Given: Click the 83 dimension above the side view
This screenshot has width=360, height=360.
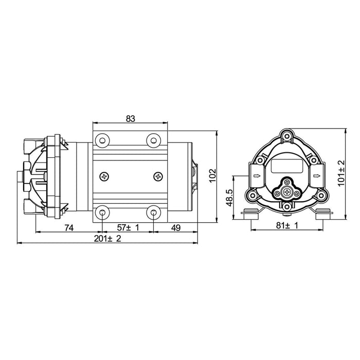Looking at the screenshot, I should (130, 118).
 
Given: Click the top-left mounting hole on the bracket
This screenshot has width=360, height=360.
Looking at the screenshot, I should (103, 139).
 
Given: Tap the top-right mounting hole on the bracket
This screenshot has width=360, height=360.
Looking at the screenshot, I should (153, 139).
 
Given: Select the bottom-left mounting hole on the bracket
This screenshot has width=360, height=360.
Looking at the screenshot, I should (103, 212).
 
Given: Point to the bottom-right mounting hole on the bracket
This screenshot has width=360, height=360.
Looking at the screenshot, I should (153, 212).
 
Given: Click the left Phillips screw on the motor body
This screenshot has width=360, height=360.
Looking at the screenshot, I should (105, 176).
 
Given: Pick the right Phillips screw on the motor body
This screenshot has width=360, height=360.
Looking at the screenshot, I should (157, 176).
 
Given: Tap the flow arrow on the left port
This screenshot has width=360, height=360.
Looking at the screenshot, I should (256, 176).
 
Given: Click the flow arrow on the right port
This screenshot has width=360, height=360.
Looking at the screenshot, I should (318, 176).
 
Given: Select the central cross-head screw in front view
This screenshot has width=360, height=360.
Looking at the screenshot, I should (286, 193).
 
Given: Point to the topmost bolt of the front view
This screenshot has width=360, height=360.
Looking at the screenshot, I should (287, 137).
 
